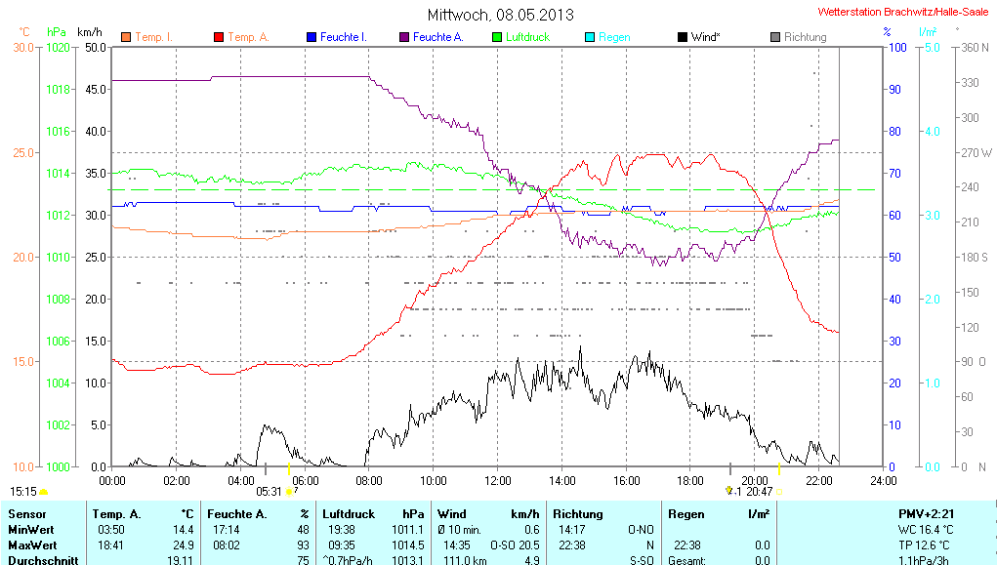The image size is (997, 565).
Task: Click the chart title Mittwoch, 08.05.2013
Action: (500, 15)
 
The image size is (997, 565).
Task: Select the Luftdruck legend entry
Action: (526, 37)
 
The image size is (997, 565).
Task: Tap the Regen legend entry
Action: (613, 37)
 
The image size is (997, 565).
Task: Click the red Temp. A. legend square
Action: (218, 37)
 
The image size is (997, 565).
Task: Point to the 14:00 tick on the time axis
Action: (561, 480)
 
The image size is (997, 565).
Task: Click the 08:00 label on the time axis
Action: (369, 480)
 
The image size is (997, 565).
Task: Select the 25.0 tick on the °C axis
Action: (22, 152)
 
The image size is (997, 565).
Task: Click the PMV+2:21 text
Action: (927, 513)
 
